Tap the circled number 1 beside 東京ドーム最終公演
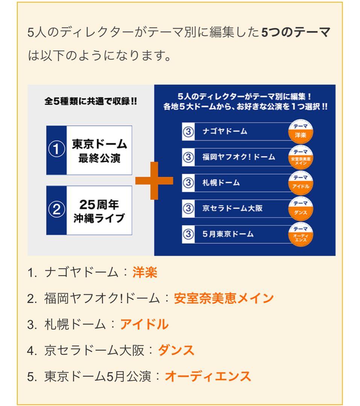point(56,150)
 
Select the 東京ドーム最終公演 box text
point(99,151)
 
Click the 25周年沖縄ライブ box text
point(99,211)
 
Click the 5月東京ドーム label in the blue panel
point(228,234)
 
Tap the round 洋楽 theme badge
point(301,132)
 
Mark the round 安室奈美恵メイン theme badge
point(301,157)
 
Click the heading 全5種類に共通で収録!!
point(90,102)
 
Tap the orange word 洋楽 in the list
point(145,272)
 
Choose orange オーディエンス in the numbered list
point(208,376)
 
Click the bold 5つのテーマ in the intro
point(296,32)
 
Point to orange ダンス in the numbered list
point(176,350)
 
